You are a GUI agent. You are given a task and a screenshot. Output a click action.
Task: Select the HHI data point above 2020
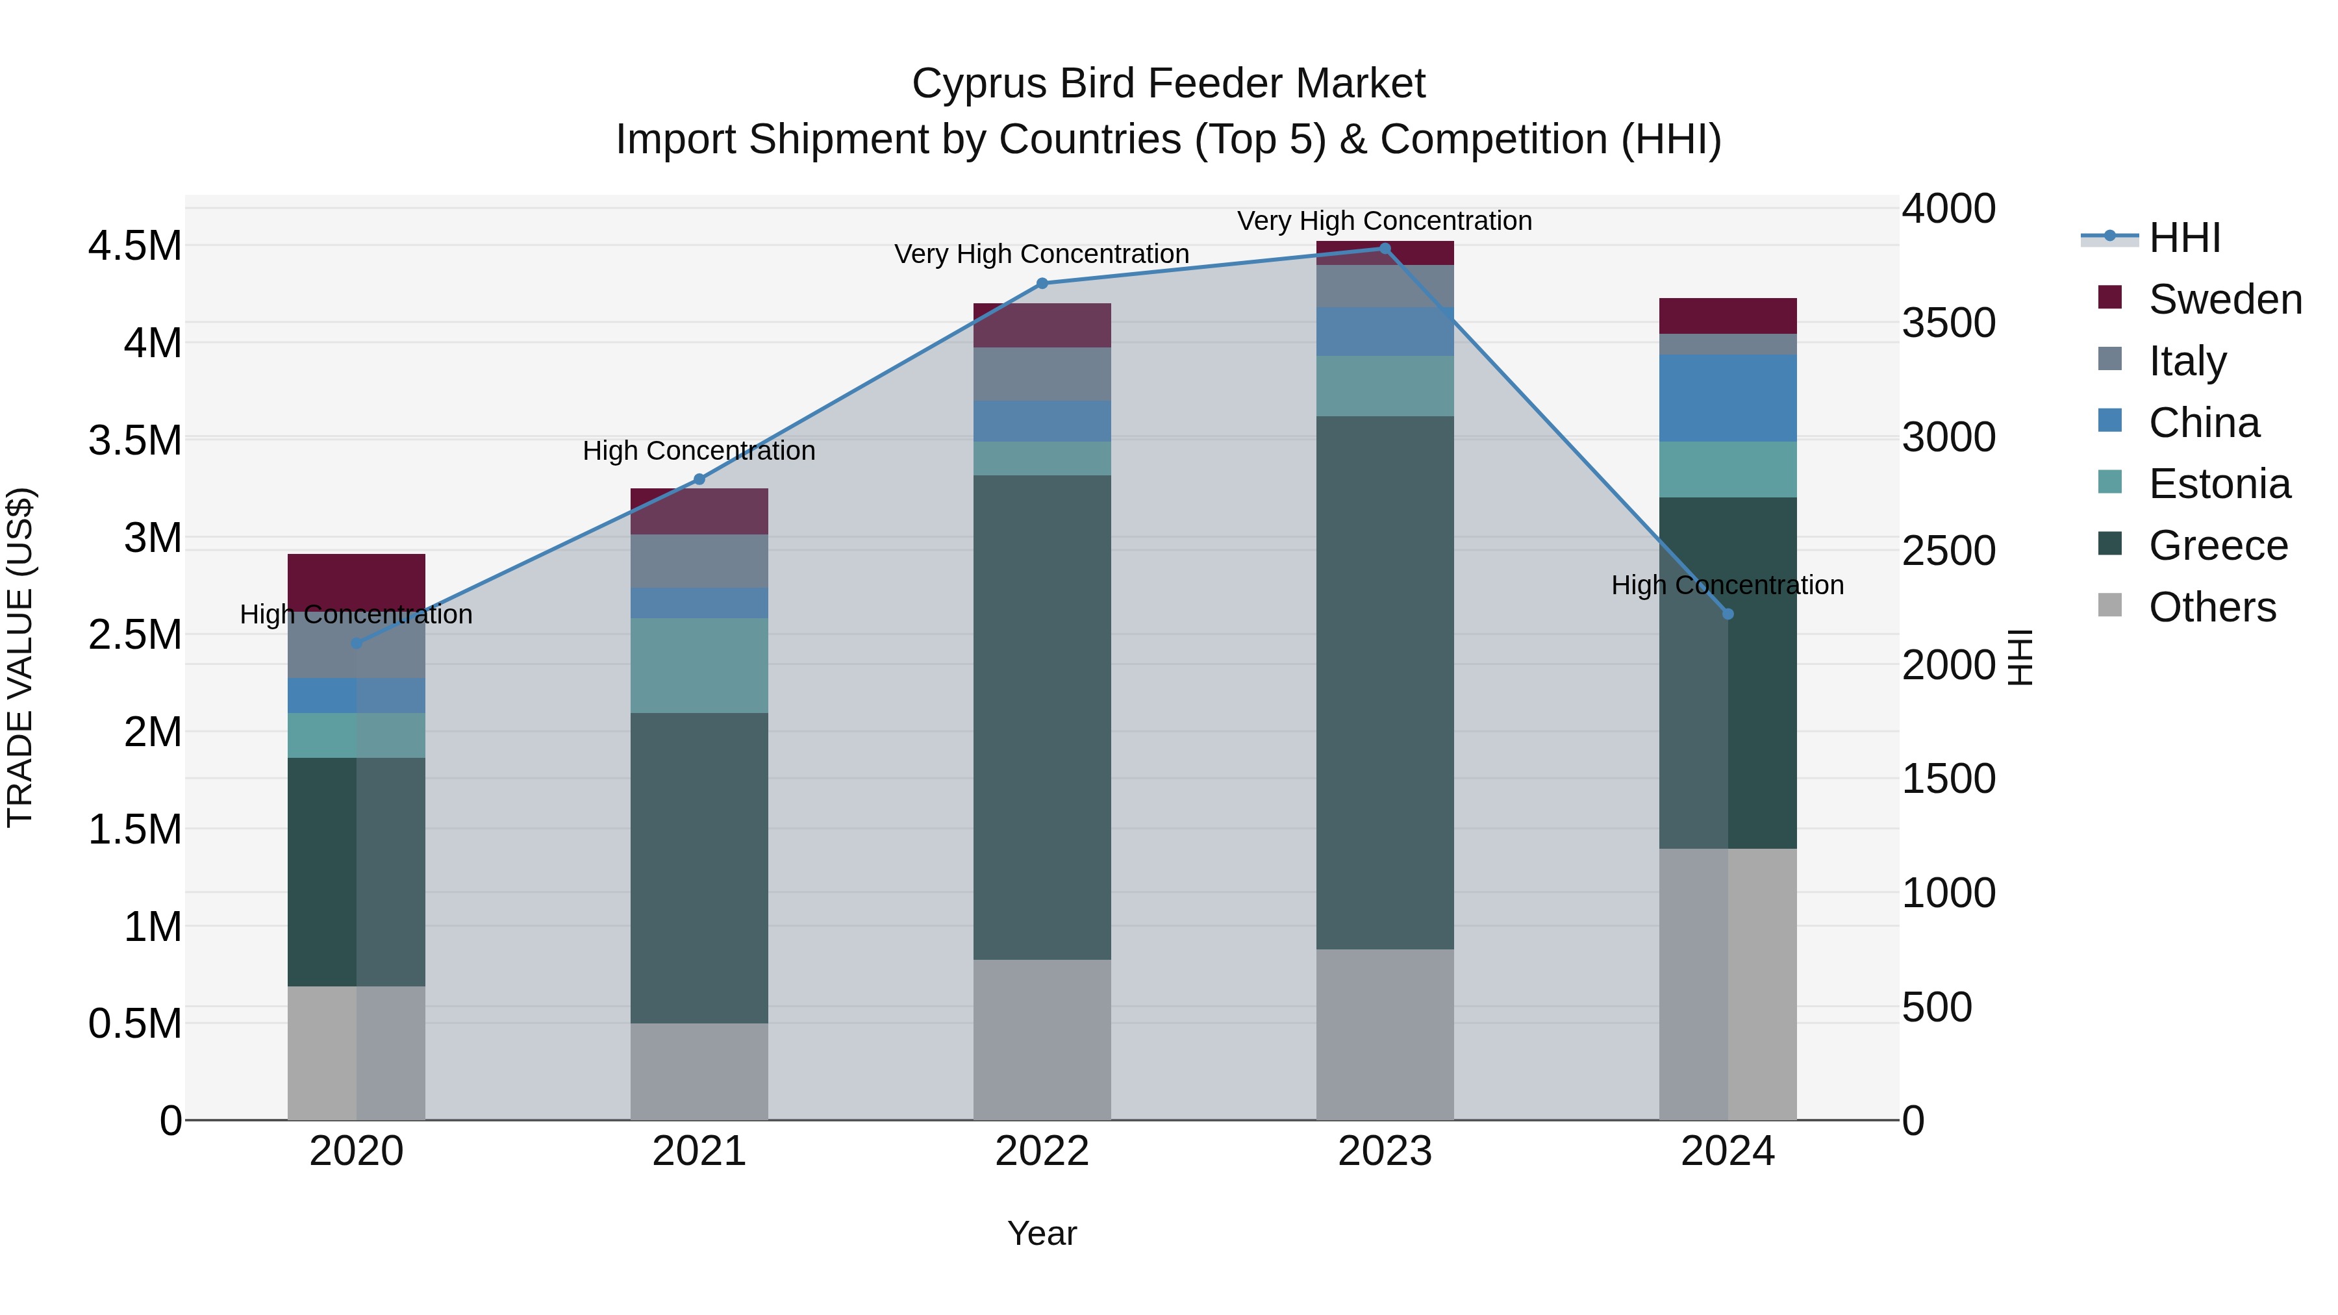click(x=357, y=644)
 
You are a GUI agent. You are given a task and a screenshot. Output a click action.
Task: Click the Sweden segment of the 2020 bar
click(x=357, y=581)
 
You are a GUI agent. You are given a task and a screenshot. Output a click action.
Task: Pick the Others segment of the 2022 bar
click(x=1042, y=1039)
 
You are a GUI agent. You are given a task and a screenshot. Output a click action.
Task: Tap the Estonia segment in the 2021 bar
click(x=699, y=665)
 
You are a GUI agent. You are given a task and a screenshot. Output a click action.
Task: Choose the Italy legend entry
click(x=2187, y=361)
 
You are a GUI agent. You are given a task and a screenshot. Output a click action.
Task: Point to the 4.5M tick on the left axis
click(x=134, y=246)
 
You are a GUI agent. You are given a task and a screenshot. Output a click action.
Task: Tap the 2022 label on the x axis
click(x=1042, y=1151)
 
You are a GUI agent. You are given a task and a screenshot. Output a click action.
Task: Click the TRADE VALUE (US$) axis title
click(x=21, y=657)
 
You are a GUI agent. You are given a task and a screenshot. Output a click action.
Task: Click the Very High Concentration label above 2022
click(x=1042, y=254)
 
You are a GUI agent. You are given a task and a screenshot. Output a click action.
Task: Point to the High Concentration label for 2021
click(x=699, y=451)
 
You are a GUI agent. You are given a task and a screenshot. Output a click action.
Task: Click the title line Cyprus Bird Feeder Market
click(x=1168, y=84)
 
